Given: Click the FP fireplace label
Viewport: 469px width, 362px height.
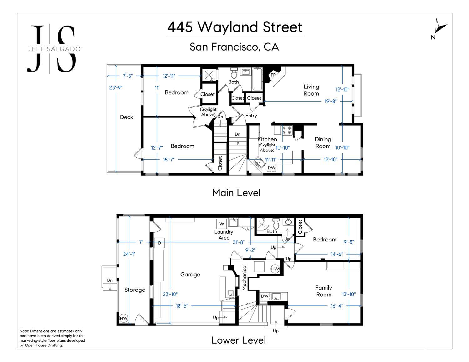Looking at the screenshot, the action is pyautogui.click(x=273, y=75).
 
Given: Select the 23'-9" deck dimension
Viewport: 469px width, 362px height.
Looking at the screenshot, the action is pyautogui.click(x=116, y=87).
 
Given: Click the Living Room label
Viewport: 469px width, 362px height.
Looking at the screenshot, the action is pyautogui.click(x=311, y=90).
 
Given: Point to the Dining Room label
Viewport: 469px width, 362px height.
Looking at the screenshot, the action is pyautogui.click(x=323, y=143).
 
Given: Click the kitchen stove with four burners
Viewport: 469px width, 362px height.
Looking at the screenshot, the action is pyautogui.click(x=287, y=130).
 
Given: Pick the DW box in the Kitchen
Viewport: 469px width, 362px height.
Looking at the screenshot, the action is pyautogui.click(x=271, y=168).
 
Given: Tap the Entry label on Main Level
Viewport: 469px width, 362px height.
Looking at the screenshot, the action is pyautogui.click(x=251, y=116).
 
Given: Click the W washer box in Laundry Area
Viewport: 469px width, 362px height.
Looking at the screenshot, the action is pyautogui.click(x=222, y=224).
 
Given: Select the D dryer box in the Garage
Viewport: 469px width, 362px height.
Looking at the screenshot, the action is pyautogui.click(x=159, y=243).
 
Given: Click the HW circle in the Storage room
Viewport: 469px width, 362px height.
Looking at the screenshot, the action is pyautogui.click(x=124, y=318).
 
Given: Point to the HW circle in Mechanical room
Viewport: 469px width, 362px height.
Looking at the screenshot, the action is pyautogui.click(x=275, y=269).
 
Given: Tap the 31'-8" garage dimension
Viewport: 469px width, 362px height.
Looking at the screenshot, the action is pyautogui.click(x=239, y=242).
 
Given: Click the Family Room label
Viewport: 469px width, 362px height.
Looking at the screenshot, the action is pyautogui.click(x=324, y=291).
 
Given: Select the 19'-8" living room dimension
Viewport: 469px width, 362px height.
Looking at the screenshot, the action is pyautogui.click(x=330, y=101).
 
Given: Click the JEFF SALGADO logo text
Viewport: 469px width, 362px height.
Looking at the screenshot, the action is pyautogui.click(x=54, y=49).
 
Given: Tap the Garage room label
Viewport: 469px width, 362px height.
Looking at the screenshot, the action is pyautogui.click(x=190, y=275).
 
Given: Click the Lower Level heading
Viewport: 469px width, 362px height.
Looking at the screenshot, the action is pyautogui.click(x=239, y=340).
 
